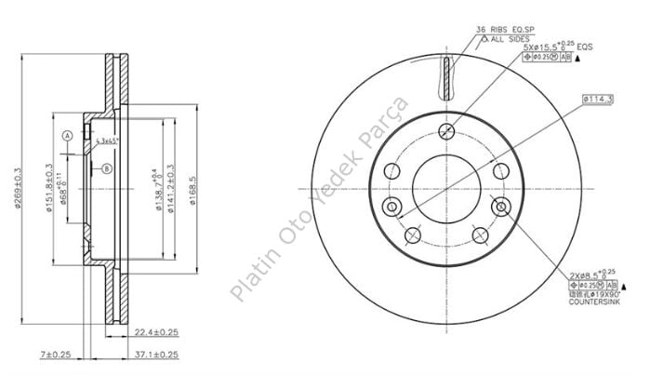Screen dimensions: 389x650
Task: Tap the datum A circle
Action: point(67,135)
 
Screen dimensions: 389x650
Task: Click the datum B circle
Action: point(107,168)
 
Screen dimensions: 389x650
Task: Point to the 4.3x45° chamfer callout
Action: point(108,141)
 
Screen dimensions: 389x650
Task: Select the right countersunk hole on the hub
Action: point(503,206)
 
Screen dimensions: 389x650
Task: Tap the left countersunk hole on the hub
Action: point(391,206)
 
